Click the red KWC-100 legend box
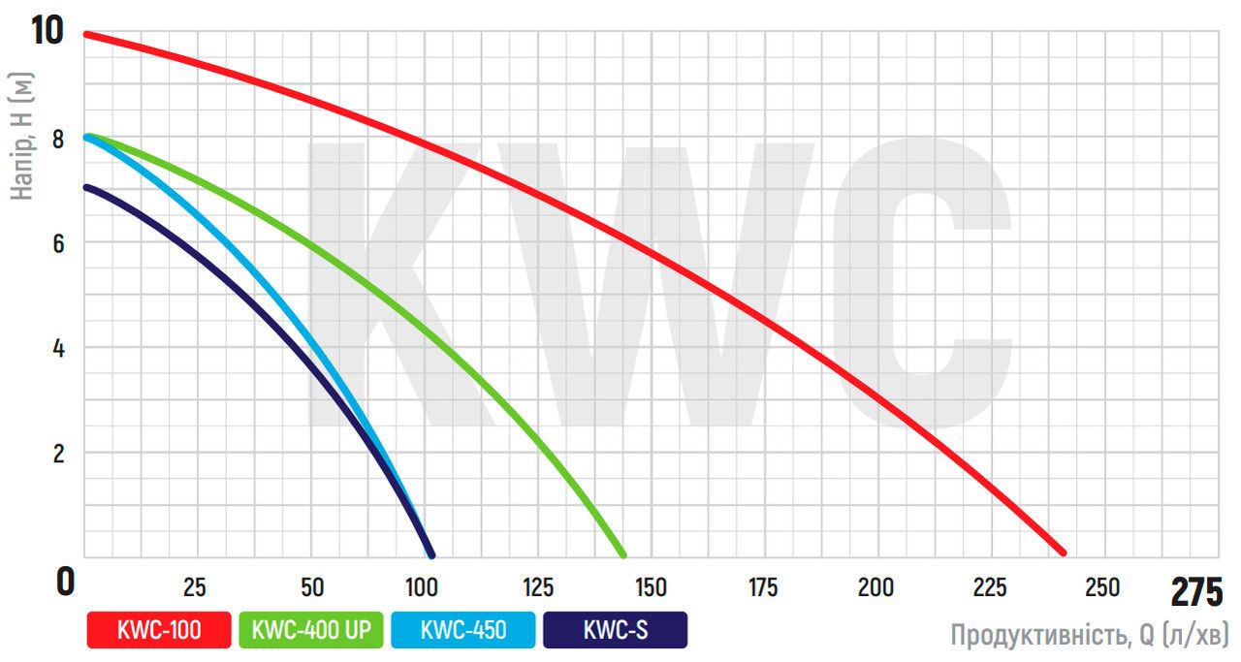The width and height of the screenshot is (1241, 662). click(x=159, y=630)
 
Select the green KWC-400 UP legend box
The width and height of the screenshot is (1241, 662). click(x=310, y=630)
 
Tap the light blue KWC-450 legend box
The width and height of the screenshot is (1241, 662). click(x=462, y=630)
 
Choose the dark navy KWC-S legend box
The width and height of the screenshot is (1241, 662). click(x=615, y=630)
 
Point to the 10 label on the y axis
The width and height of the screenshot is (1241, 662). click(x=47, y=29)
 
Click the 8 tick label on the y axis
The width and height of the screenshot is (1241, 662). click(x=58, y=139)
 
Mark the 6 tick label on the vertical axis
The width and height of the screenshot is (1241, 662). click(x=58, y=243)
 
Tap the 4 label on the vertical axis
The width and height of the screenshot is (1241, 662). click(x=58, y=348)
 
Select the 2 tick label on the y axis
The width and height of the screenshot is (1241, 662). click(x=58, y=453)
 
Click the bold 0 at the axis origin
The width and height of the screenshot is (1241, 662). click(x=64, y=582)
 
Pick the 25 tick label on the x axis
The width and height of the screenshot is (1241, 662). click(x=195, y=587)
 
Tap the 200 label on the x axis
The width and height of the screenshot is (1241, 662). click(x=876, y=587)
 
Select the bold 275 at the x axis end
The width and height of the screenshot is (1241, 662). click(x=1197, y=591)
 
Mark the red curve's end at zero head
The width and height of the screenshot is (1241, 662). click(x=1063, y=552)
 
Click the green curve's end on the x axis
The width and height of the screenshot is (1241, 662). click(x=622, y=554)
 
